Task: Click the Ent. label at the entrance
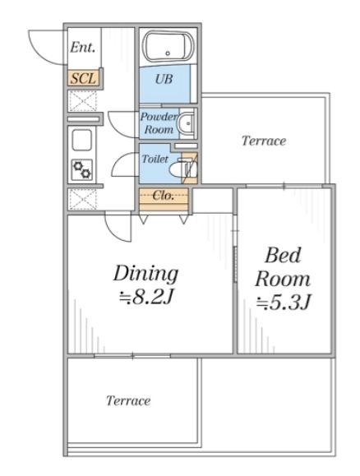82,48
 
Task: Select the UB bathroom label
164,79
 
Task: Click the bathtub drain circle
168,53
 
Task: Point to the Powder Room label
159,123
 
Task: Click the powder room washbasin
187,123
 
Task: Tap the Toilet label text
155,159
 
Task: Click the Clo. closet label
164,196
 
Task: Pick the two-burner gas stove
82,169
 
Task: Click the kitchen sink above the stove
81,140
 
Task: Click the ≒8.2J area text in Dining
145,298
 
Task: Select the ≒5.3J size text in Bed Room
284,303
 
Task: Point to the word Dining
145,274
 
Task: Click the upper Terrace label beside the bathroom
264,141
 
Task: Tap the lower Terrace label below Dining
128,400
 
